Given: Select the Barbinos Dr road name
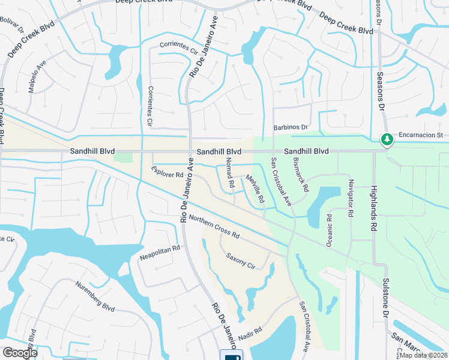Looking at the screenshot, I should click(291, 127).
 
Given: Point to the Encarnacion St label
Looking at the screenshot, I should click(420, 136).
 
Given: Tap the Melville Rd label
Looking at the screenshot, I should click(256, 188).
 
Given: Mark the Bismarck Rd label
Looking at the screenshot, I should click(301, 174).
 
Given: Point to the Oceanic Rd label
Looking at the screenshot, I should click(330, 229).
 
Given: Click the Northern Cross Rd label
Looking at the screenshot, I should click(214, 226).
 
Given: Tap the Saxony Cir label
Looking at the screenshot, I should click(241, 261).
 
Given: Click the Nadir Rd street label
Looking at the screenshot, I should click(250, 332).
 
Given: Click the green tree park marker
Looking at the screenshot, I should click(388, 140).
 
